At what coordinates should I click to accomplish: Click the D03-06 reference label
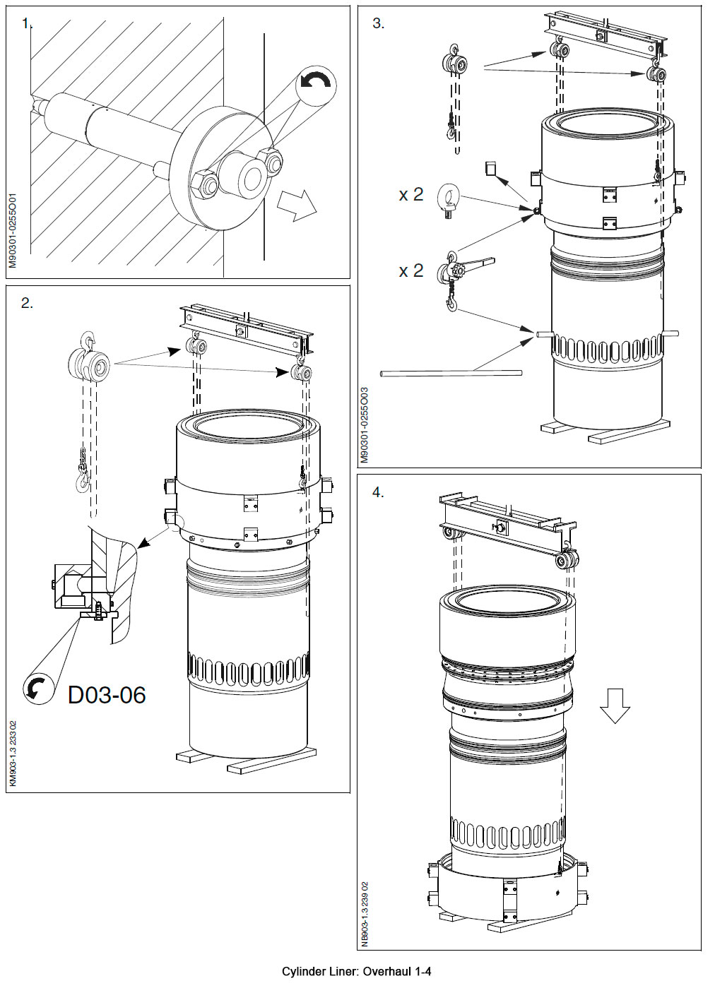pos(107,695)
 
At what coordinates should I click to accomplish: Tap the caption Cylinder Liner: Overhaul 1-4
pos(356,972)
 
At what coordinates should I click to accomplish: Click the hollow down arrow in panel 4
pos(615,706)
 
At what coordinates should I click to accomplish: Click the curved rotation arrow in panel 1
pos(315,83)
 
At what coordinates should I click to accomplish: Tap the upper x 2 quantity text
pos(410,195)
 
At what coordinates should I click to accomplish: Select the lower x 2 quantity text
pos(410,270)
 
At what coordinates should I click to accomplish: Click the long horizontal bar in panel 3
pos(451,372)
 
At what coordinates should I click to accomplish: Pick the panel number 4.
pos(378,492)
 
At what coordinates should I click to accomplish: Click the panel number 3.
pos(378,23)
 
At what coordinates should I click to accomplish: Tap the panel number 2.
pos(27,303)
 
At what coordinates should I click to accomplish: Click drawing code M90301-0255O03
pos(365,424)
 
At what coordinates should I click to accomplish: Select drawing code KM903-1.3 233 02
pos(13,753)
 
